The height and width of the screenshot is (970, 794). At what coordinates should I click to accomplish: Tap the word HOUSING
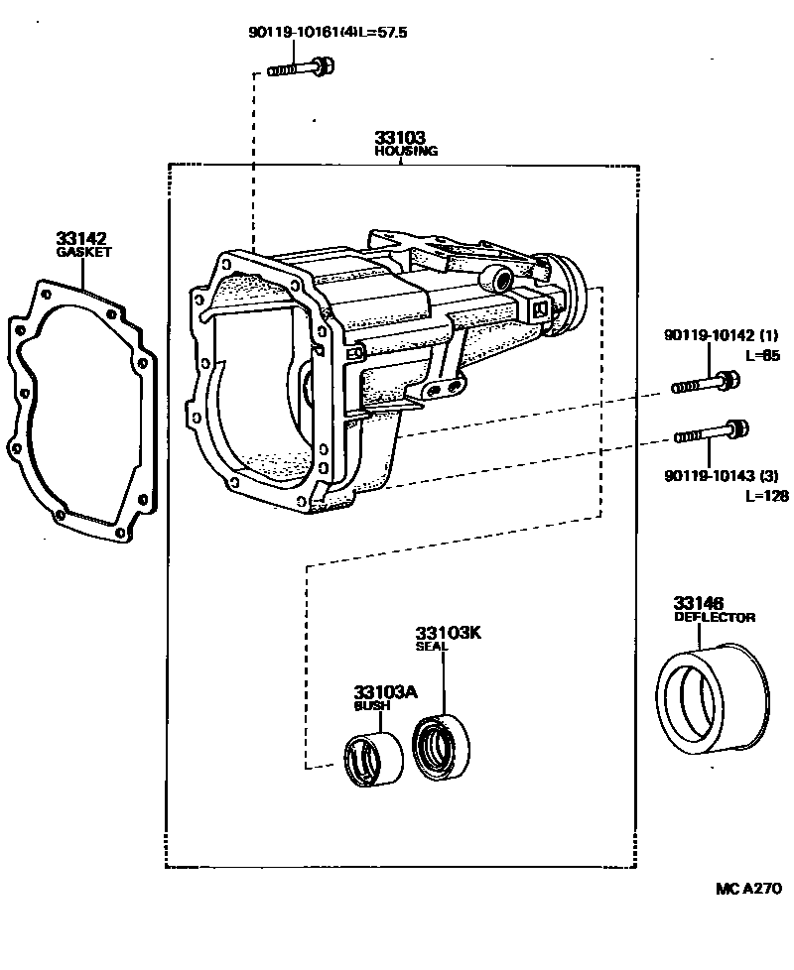click(x=405, y=152)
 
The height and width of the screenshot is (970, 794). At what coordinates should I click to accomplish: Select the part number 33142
click(x=81, y=238)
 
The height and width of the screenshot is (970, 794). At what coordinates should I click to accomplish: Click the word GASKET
click(x=83, y=252)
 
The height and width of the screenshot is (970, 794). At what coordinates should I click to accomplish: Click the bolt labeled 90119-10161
click(x=301, y=68)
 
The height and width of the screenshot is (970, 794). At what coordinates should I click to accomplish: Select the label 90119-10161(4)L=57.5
click(x=328, y=33)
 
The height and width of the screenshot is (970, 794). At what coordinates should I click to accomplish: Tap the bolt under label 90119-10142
click(x=705, y=382)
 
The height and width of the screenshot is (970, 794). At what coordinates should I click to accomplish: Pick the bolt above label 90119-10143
click(x=712, y=431)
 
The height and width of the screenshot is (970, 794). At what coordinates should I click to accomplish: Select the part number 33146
click(x=699, y=603)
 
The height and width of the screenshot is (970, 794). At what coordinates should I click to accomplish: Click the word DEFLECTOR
click(x=715, y=617)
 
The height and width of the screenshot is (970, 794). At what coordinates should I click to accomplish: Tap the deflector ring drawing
click(x=714, y=697)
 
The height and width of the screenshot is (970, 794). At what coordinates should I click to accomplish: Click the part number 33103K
click(x=448, y=633)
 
